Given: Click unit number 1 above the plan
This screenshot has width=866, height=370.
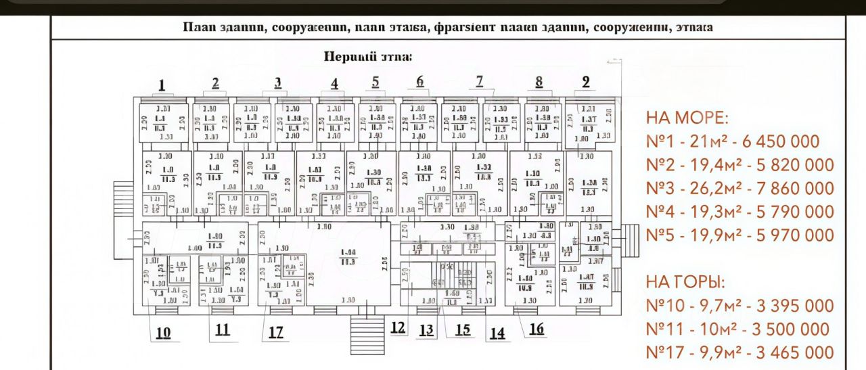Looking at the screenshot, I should [162, 85].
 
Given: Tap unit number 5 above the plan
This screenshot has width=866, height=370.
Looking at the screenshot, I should [375, 82].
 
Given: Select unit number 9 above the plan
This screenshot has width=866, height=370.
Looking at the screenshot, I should [586, 82].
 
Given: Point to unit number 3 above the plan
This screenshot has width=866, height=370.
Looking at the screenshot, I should [277, 83].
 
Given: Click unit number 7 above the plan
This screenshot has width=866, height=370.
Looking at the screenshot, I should [480, 81].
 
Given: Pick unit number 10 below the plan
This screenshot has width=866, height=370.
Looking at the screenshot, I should [163, 332].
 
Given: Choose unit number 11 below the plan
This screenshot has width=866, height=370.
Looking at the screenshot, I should [222, 330].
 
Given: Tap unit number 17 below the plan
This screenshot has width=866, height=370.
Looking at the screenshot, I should [275, 332].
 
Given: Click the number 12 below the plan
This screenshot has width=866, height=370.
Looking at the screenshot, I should [398, 327].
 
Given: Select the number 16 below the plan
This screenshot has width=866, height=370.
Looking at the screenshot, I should [537, 329].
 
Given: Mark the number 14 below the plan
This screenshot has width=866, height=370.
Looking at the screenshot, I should [497, 332].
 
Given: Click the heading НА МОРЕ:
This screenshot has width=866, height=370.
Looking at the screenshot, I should [687, 118].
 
